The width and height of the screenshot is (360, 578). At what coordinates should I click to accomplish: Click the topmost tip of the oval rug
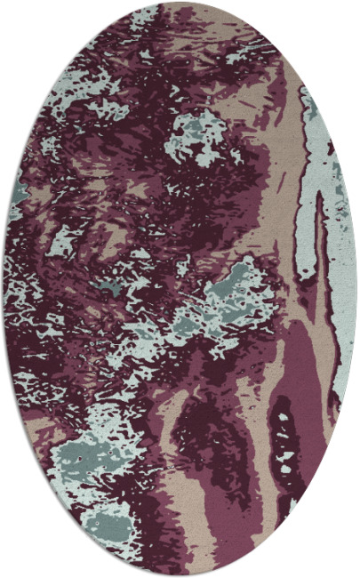180,3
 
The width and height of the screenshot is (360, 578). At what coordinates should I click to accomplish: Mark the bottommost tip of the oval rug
180,575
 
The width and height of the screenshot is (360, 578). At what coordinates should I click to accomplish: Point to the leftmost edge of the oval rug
4,289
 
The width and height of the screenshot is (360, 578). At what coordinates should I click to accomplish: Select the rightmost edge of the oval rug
356,289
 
